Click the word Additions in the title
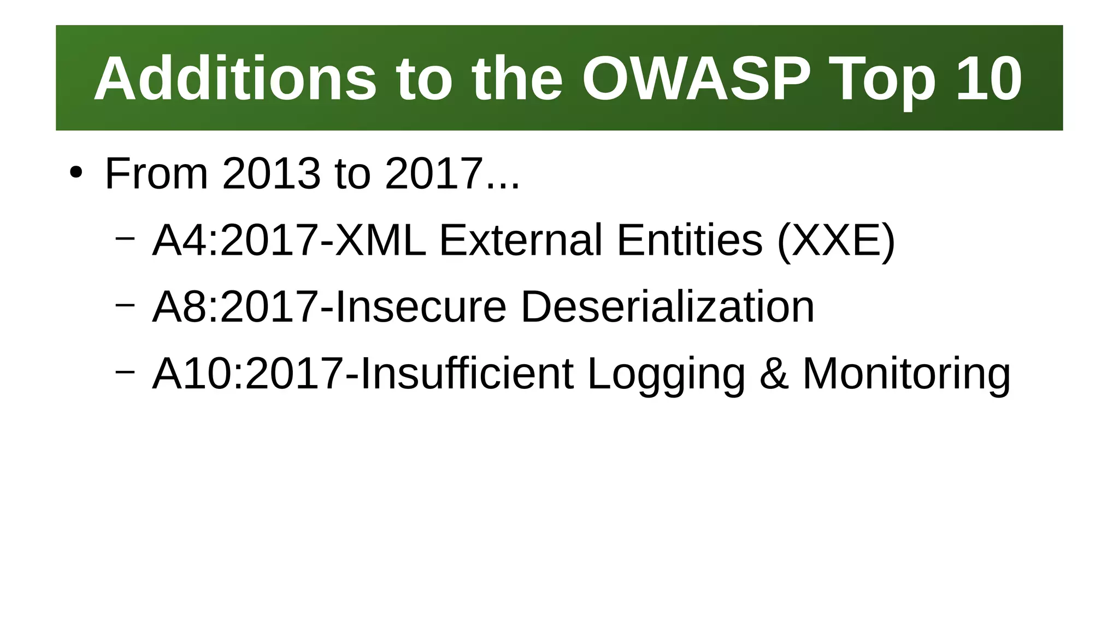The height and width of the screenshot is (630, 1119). tap(235, 79)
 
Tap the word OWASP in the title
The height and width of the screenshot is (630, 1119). tap(696, 79)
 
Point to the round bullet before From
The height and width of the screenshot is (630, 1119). tap(76, 173)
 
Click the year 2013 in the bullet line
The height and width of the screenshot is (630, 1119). tap(271, 174)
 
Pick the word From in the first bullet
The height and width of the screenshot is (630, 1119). tap(156, 174)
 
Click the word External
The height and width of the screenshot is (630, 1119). tap(521, 240)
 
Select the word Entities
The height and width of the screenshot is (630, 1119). tap(690, 240)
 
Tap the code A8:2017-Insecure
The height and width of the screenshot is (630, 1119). tap(329, 307)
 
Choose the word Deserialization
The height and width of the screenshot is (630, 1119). tap(667, 307)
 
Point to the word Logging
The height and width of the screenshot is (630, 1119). tap(666, 375)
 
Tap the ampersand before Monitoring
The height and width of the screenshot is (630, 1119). tap(774, 374)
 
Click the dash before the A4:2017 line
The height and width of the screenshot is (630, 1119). tap(125, 238)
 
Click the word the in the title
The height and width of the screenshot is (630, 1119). tap(517, 79)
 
